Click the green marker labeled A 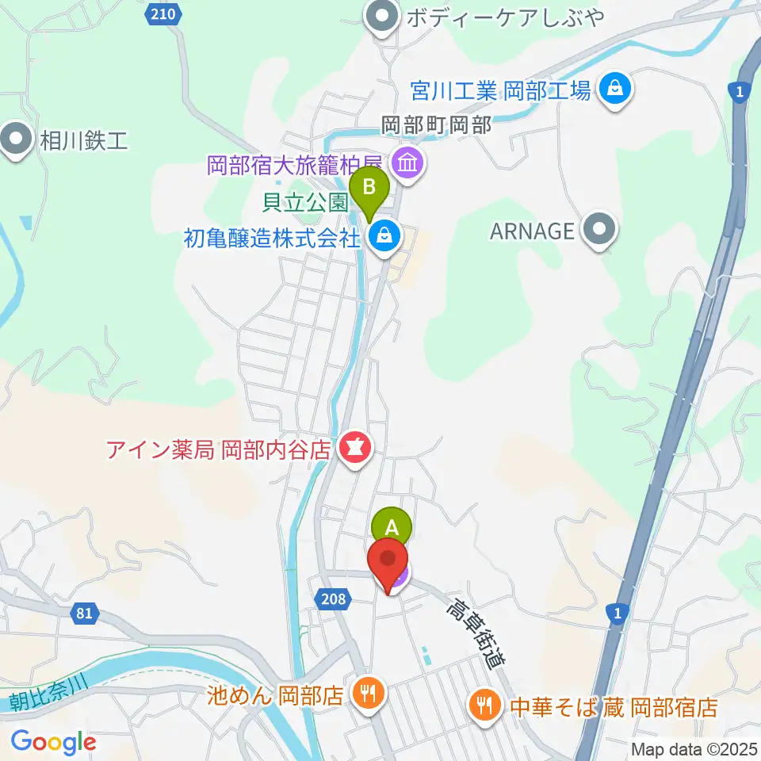point(391,526)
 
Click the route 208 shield point(334,599)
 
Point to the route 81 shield point(86,613)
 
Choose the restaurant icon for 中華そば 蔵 point(484,702)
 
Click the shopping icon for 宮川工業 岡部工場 point(615,89)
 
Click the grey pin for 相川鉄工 point(15,140)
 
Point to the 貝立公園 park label point(305,203)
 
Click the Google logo point(54,741)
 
